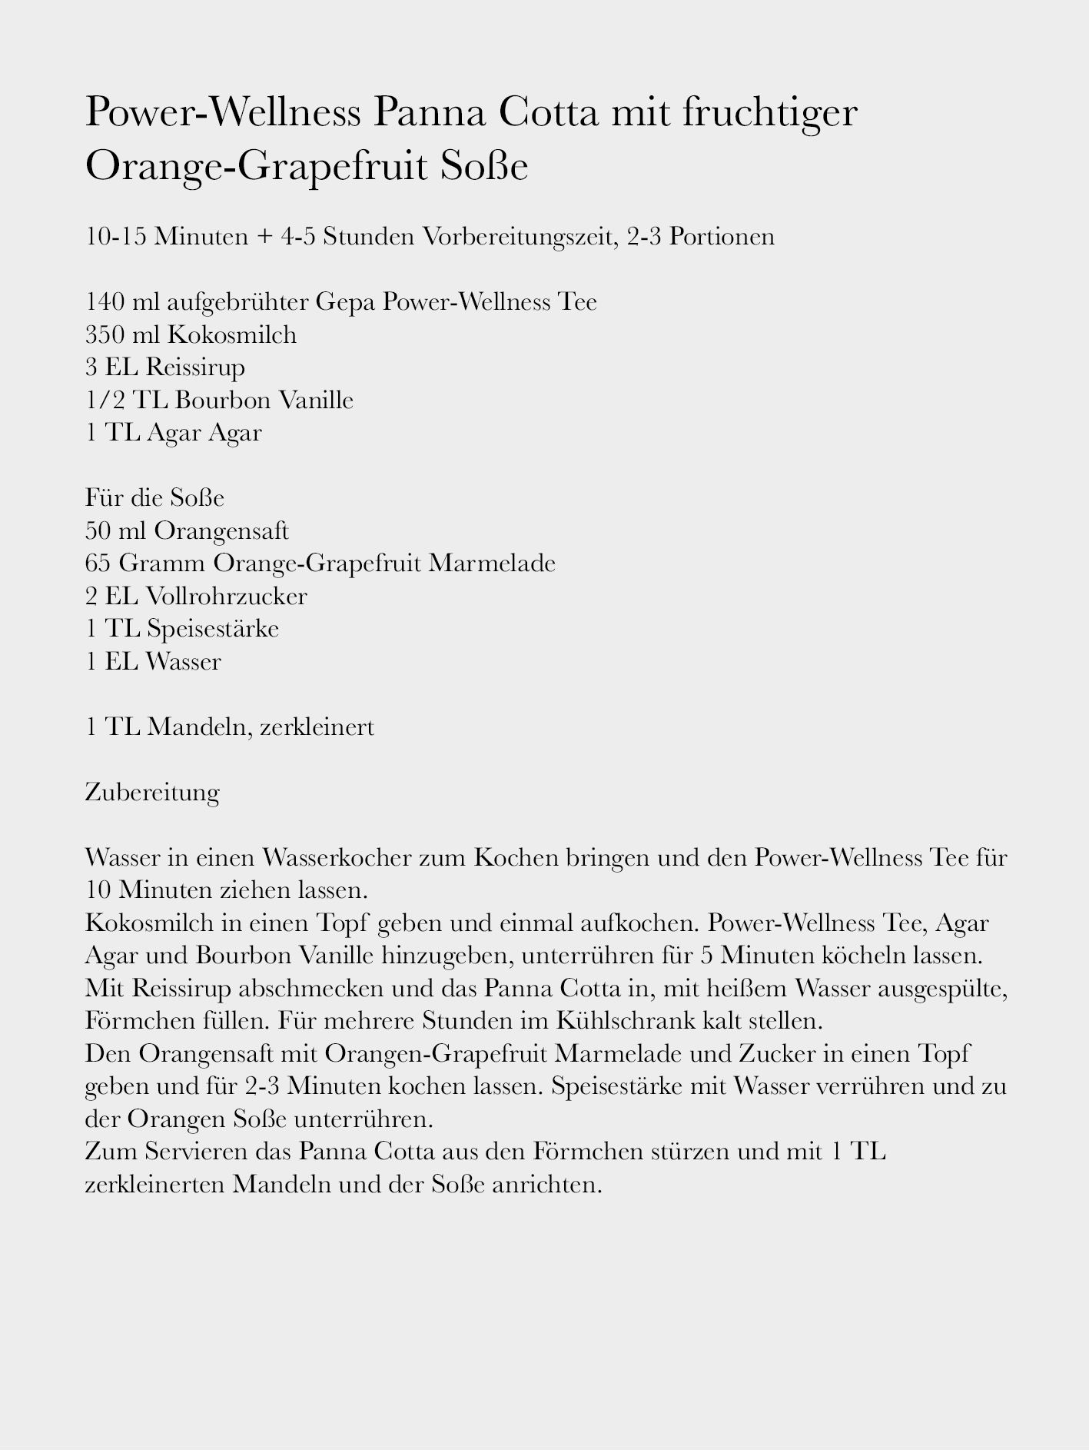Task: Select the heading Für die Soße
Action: click(x=154, y=497)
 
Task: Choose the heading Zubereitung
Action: click(x=152, y=792)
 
